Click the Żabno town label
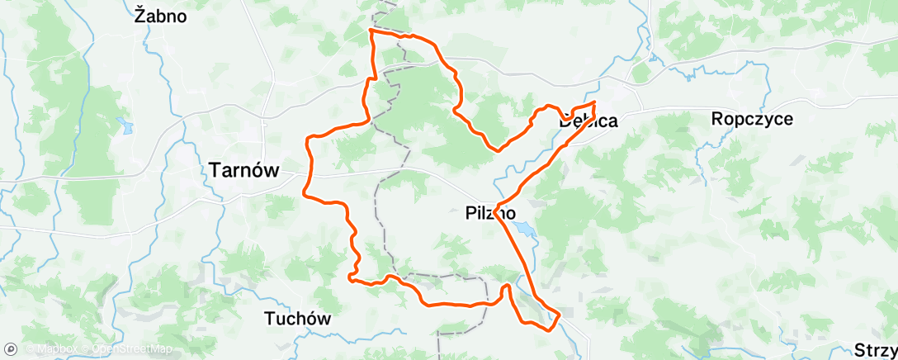(161, 16)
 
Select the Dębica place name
(588, 121)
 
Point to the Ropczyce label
(752, 119)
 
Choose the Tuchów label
(297, 318)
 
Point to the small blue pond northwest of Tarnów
(125, 127)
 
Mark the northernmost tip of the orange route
(371, 31)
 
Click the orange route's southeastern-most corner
(559, 315)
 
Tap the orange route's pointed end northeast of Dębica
(594, 102)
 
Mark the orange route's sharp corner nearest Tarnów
(306, 194)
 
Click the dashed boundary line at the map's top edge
(381, 7)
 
